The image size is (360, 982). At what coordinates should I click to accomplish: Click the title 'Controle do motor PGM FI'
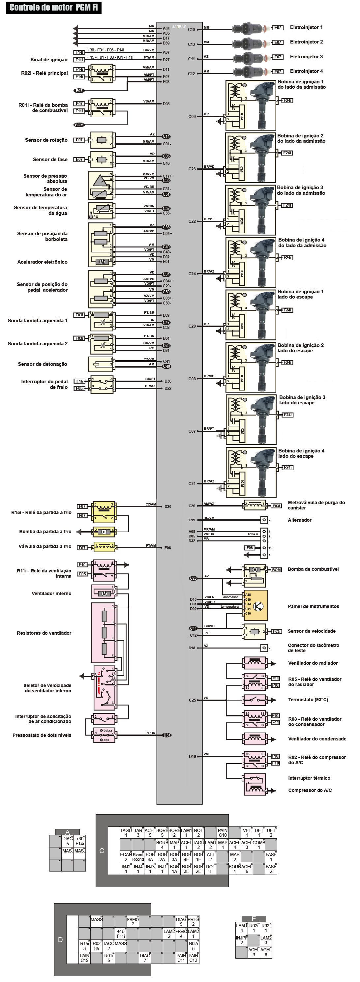tap(53, 7)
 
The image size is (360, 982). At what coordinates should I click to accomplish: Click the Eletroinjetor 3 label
tap(306, 57)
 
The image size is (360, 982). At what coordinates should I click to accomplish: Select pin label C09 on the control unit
tap(192, 117)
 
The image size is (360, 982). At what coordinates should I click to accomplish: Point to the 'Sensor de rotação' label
tap(46, 140)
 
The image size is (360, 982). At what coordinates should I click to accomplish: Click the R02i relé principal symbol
tap(102, 74)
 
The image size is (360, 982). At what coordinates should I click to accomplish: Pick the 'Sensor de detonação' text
tap(42, 364)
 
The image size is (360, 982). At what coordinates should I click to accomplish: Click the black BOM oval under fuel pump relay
tap(79, 125)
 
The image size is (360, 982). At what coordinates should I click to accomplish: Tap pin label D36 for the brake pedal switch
tap(168, 381)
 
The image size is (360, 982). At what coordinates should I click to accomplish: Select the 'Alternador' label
tap(299, 520)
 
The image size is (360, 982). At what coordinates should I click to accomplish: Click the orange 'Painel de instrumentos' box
tap(256, 606)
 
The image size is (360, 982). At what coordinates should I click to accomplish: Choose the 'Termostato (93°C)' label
tap(308, 700)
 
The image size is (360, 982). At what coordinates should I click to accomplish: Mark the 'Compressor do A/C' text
tap(310, 790)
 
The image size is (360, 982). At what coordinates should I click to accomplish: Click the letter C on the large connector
tap(102, 851)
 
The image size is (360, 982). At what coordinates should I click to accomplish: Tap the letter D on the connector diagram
tap(60, 940)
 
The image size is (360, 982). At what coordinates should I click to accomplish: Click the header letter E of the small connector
tap(254, 919)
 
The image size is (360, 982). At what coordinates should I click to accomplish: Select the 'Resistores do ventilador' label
tap(44, 633)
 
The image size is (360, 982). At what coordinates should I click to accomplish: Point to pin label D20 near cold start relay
tap(168, 506)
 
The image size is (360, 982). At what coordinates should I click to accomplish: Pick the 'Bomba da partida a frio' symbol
tap(104, 532)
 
